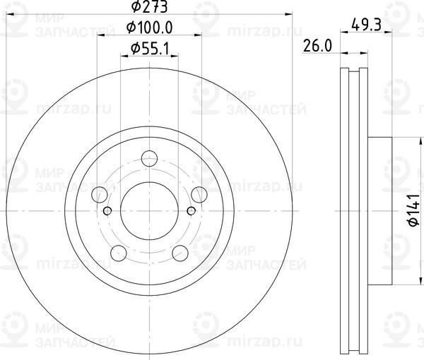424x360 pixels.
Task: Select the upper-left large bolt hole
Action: coord(100,194)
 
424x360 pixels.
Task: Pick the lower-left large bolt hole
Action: coord(118,252)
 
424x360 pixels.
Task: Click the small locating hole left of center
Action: coord(107,210)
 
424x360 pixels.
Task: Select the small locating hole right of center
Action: coord(191,210)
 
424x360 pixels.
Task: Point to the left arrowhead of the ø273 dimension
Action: coord(9,14)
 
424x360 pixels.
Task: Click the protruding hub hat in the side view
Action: coord(379,210)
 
